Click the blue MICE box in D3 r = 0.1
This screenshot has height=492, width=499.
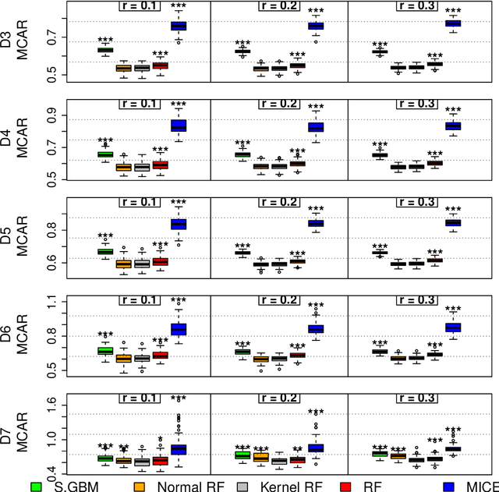pyautogui.click(x=179, y=26)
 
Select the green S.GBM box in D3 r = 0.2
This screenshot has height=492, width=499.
pyautogui.click(x=242, y=51)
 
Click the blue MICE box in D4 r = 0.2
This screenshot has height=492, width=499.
pyautogui.click(x=316, y=127)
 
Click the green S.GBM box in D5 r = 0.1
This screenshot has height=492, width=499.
pyautogui.click(x=105, y=251)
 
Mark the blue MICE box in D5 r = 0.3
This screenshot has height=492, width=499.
pyautogui.click(x=452, y=223)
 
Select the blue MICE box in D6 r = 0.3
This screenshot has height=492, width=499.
pyautogui.click(x=452, y=327)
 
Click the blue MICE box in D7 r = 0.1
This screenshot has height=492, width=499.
pyautogui.click(x=179, y=449)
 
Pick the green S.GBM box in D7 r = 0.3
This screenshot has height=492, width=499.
pyautogui.click(x=380, y=454)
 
